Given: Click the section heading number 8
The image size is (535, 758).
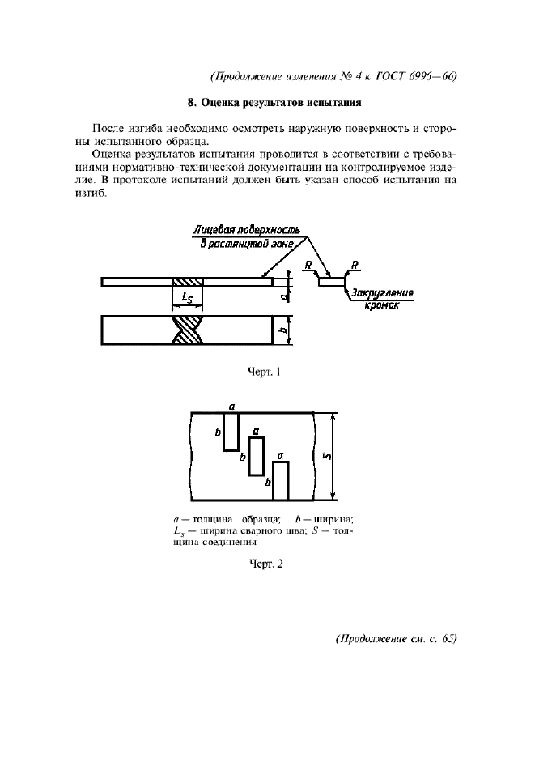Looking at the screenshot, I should (190, 103).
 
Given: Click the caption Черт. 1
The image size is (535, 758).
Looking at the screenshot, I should (265, 373).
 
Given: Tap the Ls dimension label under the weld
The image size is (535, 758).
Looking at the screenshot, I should (187, 299).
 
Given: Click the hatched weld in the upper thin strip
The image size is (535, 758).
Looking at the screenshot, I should (188, 282).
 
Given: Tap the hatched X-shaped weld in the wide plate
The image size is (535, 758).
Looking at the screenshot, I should (188, 330).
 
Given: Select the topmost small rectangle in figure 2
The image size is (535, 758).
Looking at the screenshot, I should (231, 432).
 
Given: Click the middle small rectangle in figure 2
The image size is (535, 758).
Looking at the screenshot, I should (256, 457).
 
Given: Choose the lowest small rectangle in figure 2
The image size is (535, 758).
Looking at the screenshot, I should (280, 481).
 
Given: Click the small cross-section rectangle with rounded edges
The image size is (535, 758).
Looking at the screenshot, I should (332, 283).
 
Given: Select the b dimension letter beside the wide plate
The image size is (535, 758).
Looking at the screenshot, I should (287, 330).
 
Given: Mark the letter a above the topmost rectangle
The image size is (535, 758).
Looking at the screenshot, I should (231, 406).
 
